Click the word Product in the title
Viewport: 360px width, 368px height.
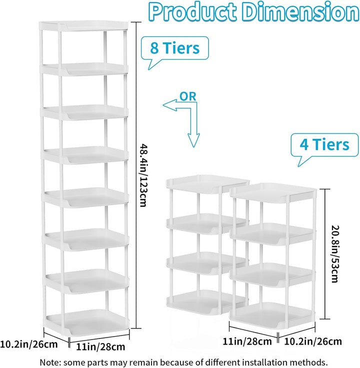pos(192,12)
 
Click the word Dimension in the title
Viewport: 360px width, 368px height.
pos(300,12)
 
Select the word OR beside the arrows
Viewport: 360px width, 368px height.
pos(188,96)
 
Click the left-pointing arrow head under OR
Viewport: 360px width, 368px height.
pos(169,105)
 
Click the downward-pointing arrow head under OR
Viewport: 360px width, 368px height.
pos(193,140)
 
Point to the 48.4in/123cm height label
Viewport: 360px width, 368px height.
pos(143,175)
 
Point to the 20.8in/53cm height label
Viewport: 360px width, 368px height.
pos(334,254)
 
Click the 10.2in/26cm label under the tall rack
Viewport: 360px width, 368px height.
pos(28,345)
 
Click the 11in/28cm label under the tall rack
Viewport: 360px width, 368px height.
pos(100,347)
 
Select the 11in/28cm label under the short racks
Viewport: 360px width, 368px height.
pos(247,341)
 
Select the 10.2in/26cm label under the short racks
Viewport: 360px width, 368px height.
pos(313,341)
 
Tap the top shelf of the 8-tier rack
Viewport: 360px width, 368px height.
pos(84,25)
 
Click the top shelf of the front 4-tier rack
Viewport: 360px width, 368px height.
pos(273,192)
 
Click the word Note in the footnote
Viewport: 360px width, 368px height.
pos(48,362)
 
